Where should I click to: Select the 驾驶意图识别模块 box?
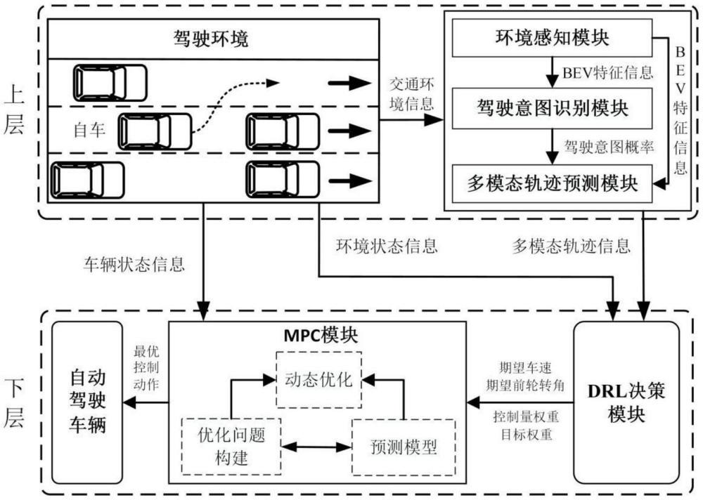[x=553, y=109]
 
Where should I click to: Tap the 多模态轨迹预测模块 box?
[x=553, y=185]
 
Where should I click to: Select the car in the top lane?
[x=110, y=82]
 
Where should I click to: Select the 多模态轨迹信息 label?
[x=571, y=246]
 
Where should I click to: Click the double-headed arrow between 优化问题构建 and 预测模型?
[x=315, y=447]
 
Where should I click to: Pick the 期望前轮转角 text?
[x=525, y=385]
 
